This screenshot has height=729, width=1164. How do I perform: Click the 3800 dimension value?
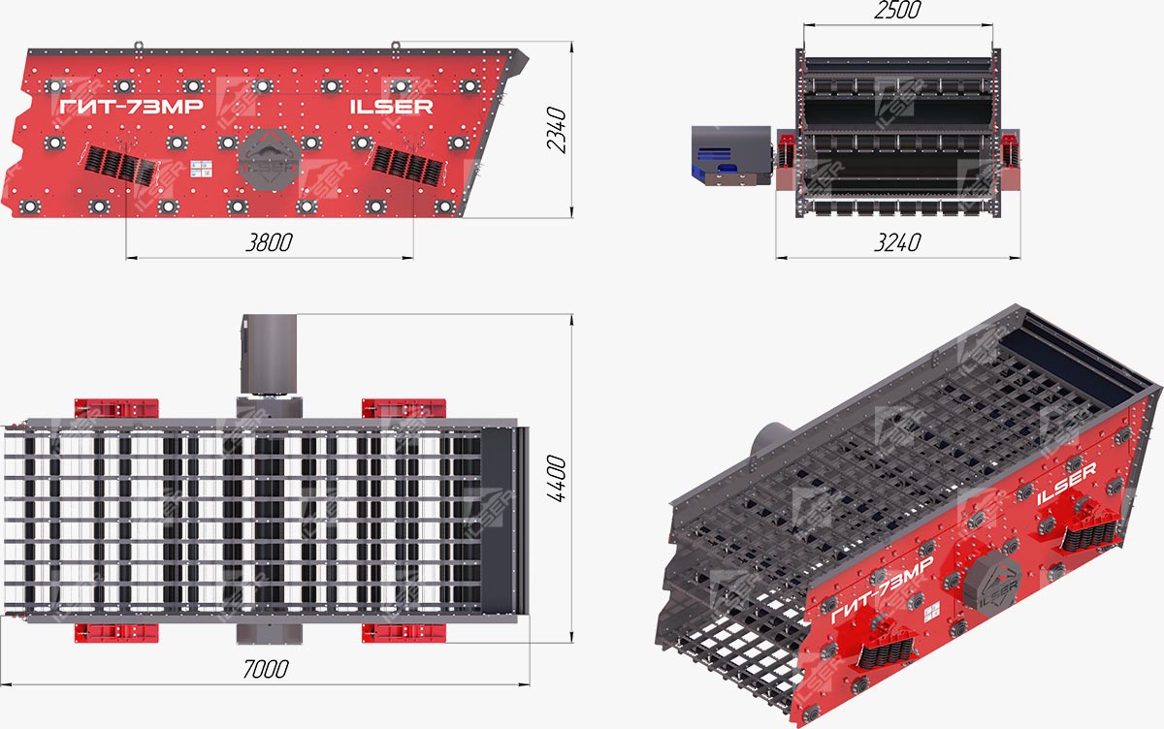point(270,242)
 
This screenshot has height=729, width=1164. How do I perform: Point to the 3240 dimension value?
point(896,242)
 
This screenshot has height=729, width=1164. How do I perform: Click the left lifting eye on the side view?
point(140,45)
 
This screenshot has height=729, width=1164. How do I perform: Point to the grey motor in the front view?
point(729,155)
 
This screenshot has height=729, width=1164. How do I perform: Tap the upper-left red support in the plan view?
point(115,408)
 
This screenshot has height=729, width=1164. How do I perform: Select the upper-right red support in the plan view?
point(404,408)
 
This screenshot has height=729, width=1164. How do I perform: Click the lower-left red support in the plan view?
point(115,632)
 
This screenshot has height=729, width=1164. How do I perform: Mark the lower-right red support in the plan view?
point(404,632)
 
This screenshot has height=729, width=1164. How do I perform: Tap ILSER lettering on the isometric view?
point(1067,483)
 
